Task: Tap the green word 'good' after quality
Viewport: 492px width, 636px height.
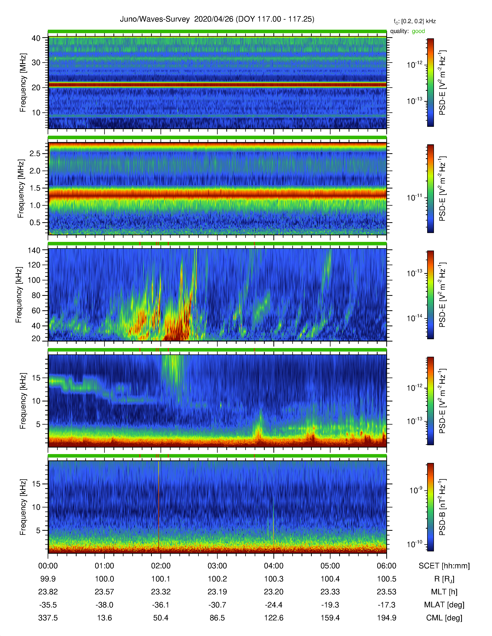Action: pos(418,31)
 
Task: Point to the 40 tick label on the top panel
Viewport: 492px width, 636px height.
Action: pos(36,38)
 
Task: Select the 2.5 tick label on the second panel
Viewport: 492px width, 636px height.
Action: pos(35,153)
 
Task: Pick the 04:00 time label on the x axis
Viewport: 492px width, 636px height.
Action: pos(274,566)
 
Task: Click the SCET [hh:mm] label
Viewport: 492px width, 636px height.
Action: pos(444,566)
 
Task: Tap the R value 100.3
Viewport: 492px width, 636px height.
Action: pos(274,579)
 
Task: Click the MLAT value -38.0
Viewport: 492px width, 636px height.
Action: pos(104,605)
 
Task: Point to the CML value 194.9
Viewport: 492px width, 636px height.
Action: pos(386,618)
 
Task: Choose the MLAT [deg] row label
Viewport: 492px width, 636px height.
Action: pos(444,605)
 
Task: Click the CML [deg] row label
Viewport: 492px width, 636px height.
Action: pos(444,618)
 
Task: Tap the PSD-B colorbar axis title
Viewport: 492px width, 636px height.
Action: pos(442,507)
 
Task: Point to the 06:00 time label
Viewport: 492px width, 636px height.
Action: pos(386,566)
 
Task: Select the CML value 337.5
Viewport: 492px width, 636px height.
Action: pos(48,618)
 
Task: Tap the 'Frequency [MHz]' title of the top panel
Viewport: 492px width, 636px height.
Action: pos(23,83)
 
